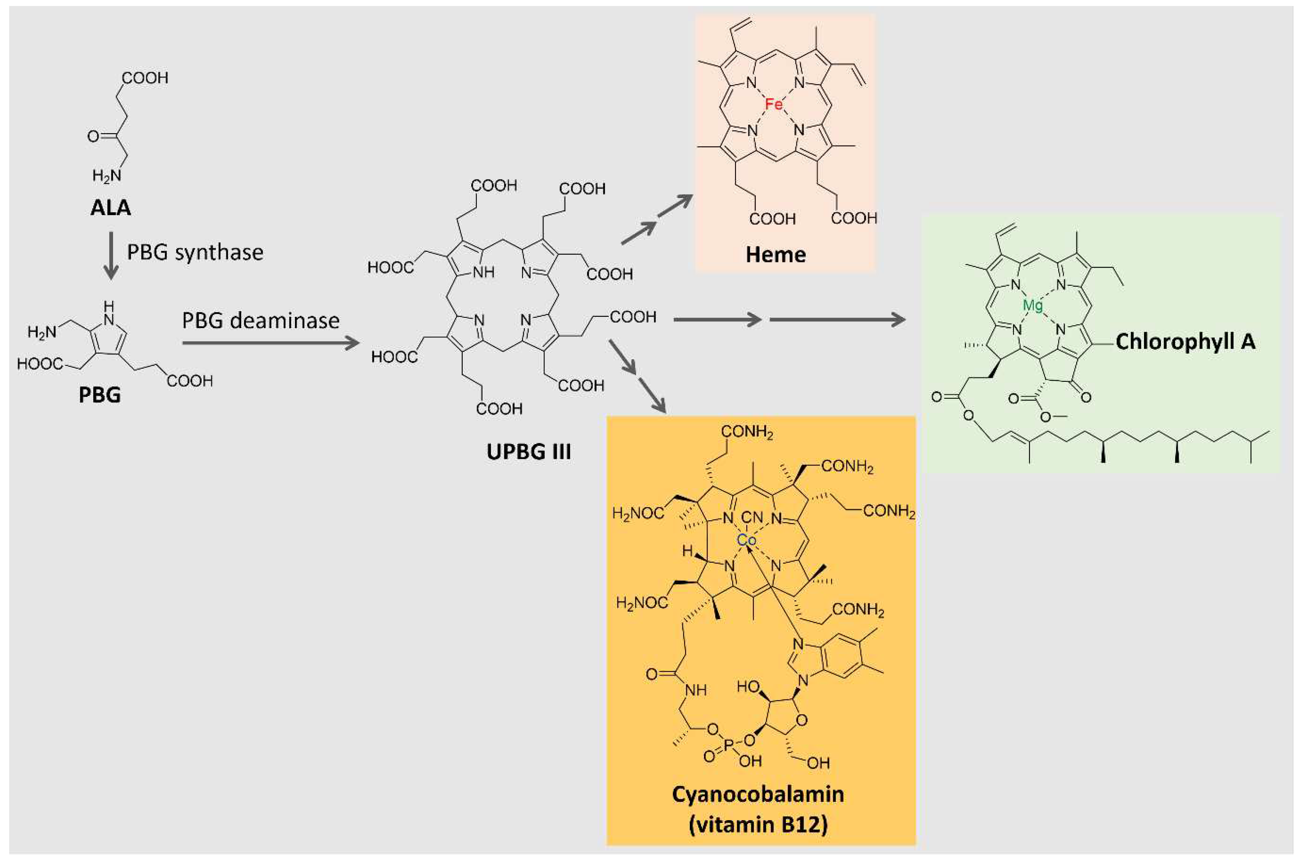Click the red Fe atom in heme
773,104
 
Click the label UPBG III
528,452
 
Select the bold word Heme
776,254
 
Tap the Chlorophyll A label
1185,342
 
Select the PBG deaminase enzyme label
260,320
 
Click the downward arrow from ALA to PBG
111,255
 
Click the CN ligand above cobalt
752,517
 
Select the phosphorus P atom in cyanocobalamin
730,745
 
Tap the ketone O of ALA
93,135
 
